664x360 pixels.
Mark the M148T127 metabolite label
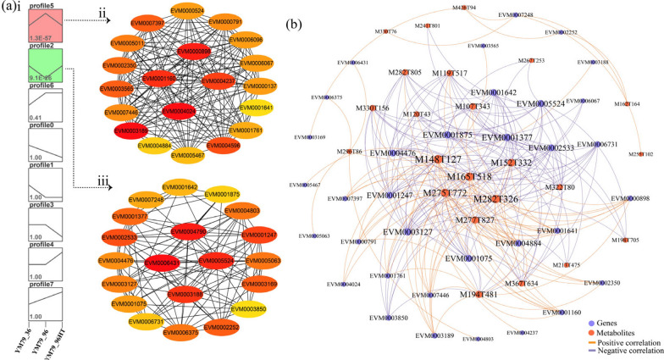pos(438,159)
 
